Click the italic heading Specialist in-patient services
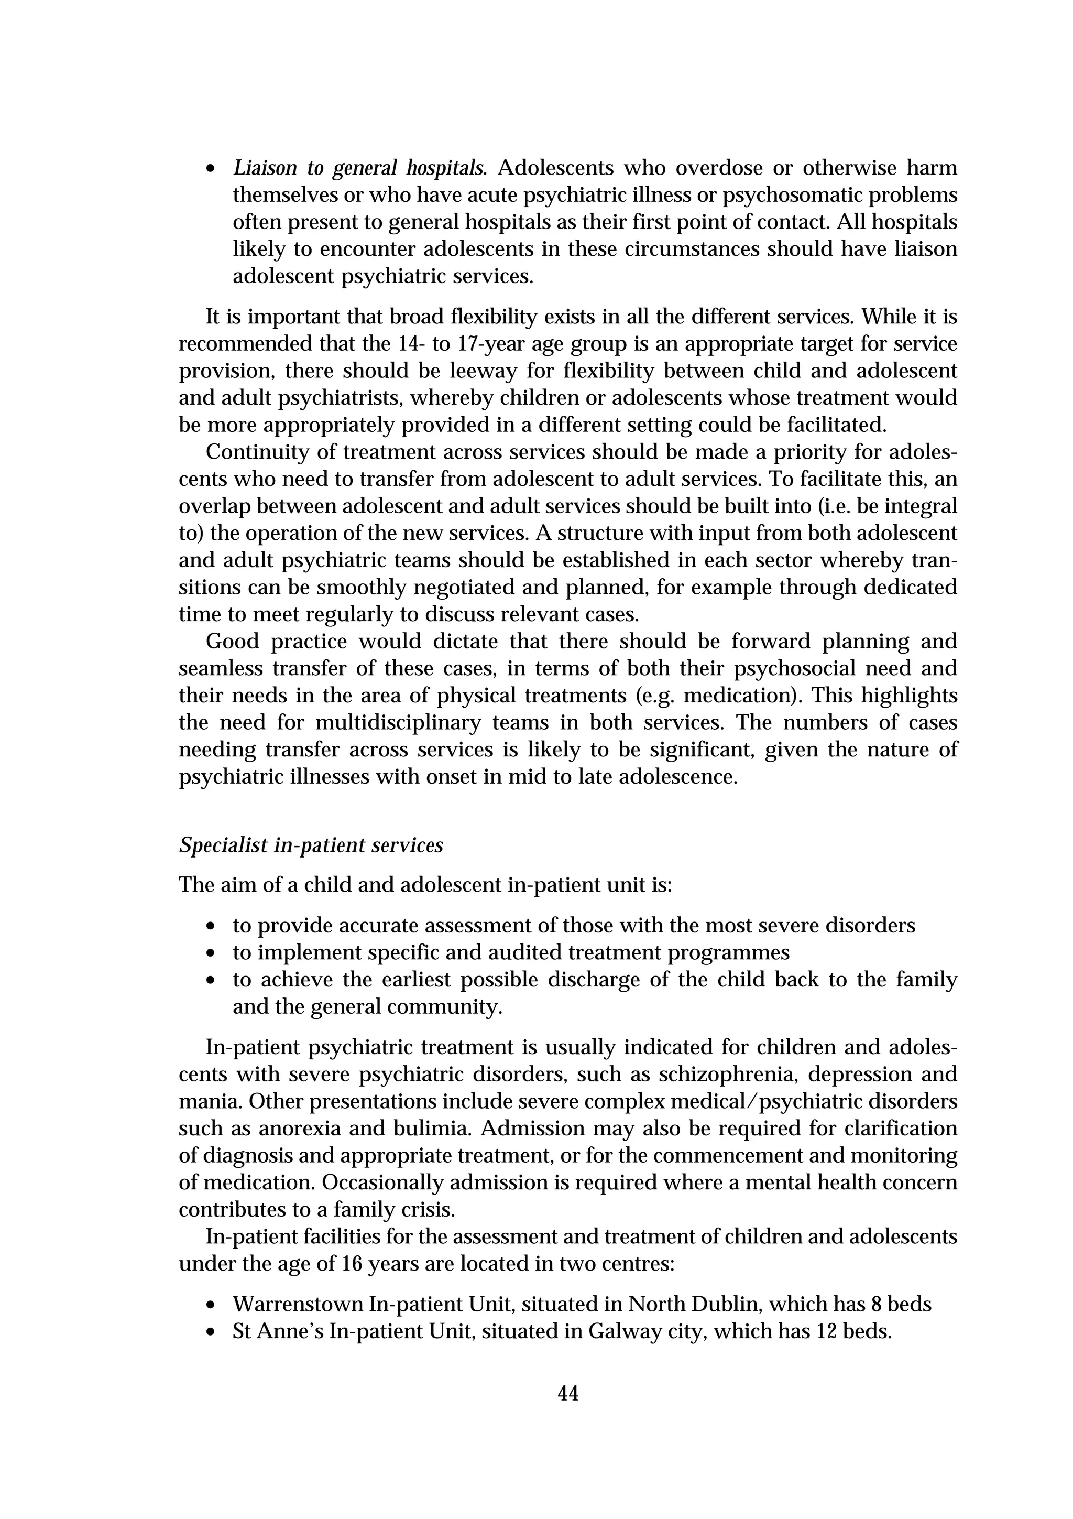click(x=311, y=845)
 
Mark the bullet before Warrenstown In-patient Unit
click(x=211, y=1305)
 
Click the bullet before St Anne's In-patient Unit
click(x=211, y=1332)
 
